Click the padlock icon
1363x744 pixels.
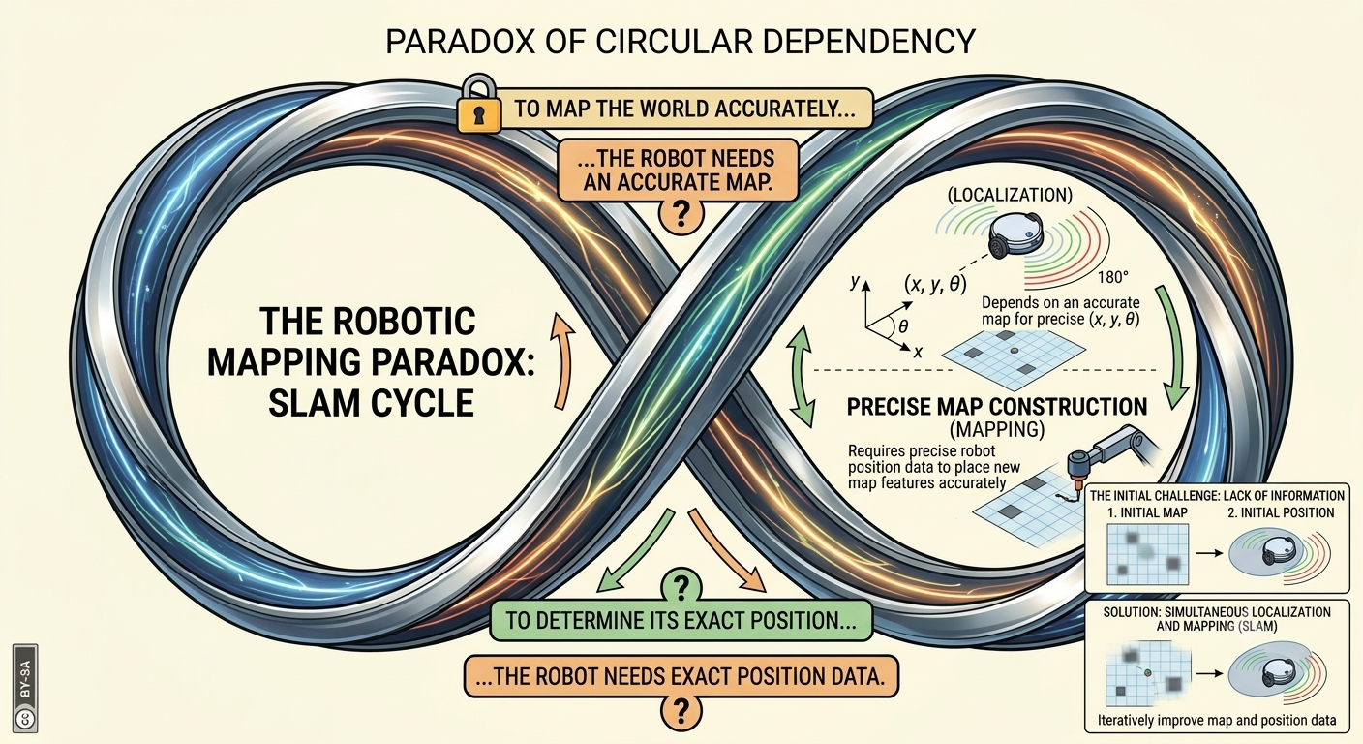point(479,104)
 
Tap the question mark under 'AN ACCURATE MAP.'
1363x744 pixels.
point(681,214)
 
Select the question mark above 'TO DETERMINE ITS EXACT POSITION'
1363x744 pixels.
point(681,586)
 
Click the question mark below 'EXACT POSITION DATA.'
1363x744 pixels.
point(681,710)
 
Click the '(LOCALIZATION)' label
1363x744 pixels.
point(1010,195)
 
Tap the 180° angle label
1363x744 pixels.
point(1113,277)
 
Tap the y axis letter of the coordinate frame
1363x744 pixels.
point(856,281)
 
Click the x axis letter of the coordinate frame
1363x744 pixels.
point(919,352)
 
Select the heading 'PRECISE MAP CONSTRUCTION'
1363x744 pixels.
point(997,407)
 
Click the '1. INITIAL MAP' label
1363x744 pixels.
point(1147,512)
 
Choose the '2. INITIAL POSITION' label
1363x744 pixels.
point(1281,512)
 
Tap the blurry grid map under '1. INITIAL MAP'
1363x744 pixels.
point(1147,555)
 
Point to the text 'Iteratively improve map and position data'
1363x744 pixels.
point(1217,720)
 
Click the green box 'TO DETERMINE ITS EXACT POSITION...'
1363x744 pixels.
point(681,620)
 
